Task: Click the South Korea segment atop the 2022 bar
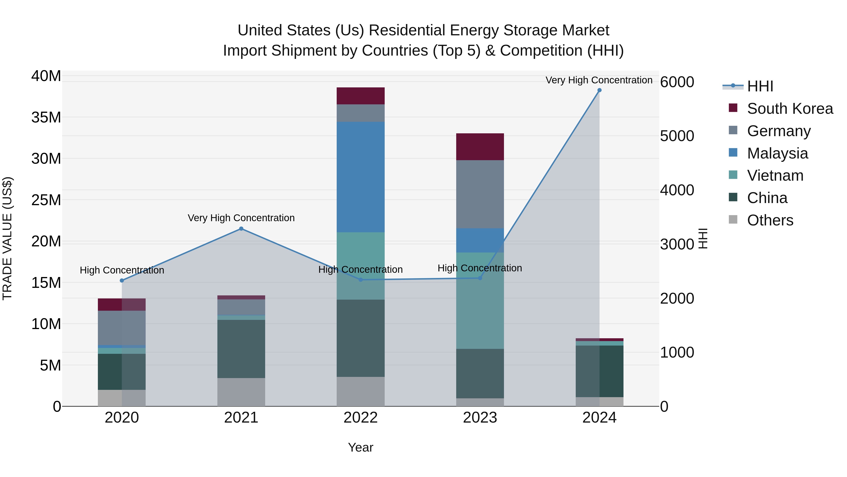(x=360, y=96)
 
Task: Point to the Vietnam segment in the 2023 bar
(x=480, y=300)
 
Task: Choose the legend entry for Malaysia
(x=777, y=153)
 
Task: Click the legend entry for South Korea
(x=790, y=109)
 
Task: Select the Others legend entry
(x=770, y=220)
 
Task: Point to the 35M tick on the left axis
(x=46, y=118)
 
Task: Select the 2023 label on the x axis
(x=480, y=418)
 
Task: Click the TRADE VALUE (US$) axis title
(x=7, y=238)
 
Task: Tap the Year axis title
(x=360, y=447)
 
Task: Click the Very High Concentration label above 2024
(x=599, y=80)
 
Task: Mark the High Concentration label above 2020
(x=122, y=270)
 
